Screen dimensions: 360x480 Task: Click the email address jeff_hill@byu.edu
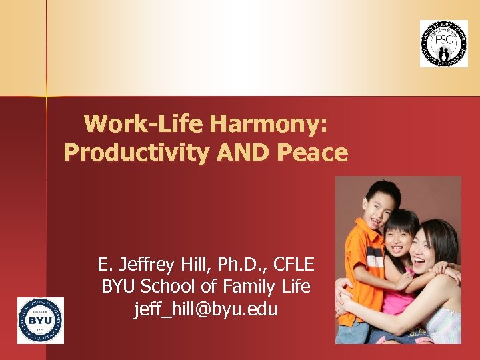click(206, 309)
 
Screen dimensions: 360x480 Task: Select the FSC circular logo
click(443, 43)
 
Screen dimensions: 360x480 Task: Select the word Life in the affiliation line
click(296, 287)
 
